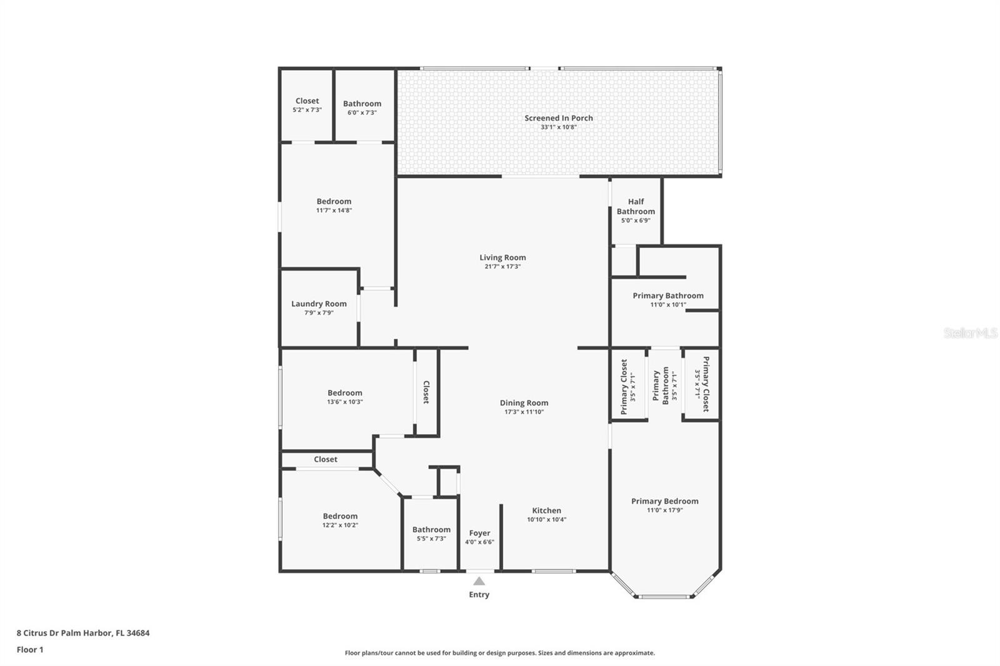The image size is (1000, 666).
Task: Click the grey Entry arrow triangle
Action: click(x=479, y=581)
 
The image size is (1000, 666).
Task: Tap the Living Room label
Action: click(x=502, y=257)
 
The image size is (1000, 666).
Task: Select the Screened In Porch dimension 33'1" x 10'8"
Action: click(x=559, y=127)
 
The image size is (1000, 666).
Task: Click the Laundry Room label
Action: click(x=319, y=304)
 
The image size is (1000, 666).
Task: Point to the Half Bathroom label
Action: click(x=636, y=206)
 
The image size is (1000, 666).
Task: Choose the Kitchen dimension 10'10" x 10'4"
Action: click(x=546, y=519)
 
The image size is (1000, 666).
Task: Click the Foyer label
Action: click(x=479, y=534)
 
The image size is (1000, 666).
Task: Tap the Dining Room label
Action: click(x=524, y=403)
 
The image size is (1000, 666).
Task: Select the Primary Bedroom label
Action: click(x=665, y=501)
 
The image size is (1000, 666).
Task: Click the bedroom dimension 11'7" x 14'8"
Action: click(x=334, y=211)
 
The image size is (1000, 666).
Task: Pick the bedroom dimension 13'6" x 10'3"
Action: click(x=344, y=402)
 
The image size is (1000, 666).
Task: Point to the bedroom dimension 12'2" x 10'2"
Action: click(x=340, y=525)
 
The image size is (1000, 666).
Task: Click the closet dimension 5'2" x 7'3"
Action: click(x=307, y=110)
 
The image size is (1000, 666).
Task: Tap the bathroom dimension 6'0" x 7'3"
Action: click(x=362, y=112)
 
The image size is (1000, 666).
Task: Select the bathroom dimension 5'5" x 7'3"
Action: click(x=431, y=539)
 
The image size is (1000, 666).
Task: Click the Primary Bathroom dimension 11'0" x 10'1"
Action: click(x=668, y=305)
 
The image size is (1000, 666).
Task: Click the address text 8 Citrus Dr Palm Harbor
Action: click(x=64, y=633)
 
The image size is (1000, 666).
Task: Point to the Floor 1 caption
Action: click(x=30, y=650)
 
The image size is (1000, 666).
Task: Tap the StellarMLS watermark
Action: click(x=971, y=332)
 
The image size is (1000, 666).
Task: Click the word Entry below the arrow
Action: click(x=479, y=595)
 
